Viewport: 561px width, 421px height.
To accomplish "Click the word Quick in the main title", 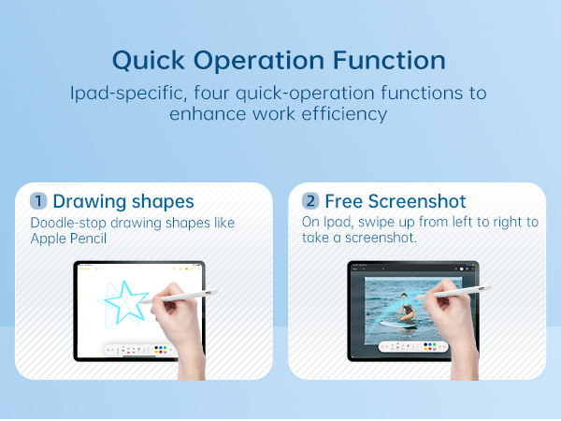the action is (149, 60).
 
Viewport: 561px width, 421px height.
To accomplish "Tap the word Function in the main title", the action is (389, 60).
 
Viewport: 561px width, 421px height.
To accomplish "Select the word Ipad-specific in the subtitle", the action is (128, 94).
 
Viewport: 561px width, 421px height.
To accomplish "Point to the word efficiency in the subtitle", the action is (344, 114).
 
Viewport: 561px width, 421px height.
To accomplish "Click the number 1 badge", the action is (38, 201).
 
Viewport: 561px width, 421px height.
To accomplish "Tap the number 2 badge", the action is (310, 201).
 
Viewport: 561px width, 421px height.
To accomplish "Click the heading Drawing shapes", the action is (123, 201).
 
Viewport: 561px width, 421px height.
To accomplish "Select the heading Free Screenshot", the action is (396, 201).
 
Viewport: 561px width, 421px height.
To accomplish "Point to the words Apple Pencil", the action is (68, 239).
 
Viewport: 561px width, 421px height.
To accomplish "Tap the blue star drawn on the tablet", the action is (126, 301).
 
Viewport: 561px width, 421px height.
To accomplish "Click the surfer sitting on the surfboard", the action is (406, 308).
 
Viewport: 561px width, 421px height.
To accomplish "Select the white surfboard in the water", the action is (398, 325).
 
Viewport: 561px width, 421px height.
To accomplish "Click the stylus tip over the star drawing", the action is (142, 303).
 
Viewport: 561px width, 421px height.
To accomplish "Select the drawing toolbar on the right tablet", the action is (413, 346).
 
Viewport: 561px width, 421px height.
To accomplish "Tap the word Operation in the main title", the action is (259, 61).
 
